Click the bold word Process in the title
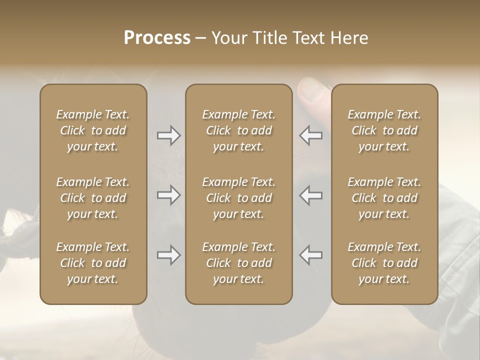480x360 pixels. (x=157, y=38)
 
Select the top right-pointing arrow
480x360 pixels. (x=168, y=135)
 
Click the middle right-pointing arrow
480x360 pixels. (x=168, y=195)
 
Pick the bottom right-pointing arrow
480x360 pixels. (x=168, y=255)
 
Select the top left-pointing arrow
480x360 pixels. (x=311, y=135)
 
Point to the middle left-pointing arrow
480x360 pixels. (x=311, y=195)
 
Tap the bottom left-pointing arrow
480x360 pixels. (x=311, y=255)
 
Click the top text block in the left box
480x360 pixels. (x=93, y=130)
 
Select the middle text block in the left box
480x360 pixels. (x=93, y=198)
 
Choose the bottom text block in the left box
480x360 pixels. (x=93, y=263)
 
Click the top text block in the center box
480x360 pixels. (x=238, y=130)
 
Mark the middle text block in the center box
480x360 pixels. (x=238, y=198)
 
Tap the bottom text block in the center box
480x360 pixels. (x=238, y=263)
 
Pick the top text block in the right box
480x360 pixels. (x=384, y=130)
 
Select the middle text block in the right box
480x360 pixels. (x=384, y=198)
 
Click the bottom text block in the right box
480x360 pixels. (x=384, y=263)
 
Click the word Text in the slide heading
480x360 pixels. (x=312, y=38)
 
